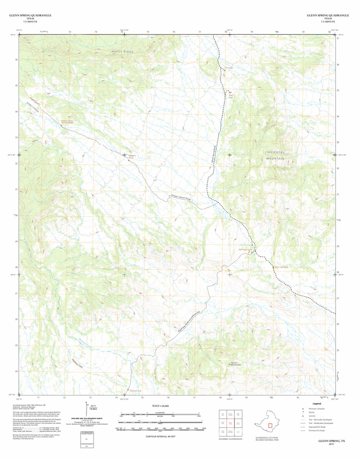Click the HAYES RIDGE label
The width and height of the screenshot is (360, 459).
pos(123,51)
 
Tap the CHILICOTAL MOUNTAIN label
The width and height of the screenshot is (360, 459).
pos(275,155)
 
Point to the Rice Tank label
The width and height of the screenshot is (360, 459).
pos(231,96)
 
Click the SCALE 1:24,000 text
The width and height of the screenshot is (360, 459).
pos(160,406)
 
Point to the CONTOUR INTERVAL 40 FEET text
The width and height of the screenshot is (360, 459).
pos(160,436)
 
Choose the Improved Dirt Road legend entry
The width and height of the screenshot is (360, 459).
pos(317,427)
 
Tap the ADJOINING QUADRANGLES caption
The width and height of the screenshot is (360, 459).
pos(230,439)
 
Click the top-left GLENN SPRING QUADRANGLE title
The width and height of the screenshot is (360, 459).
pos(30,15)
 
